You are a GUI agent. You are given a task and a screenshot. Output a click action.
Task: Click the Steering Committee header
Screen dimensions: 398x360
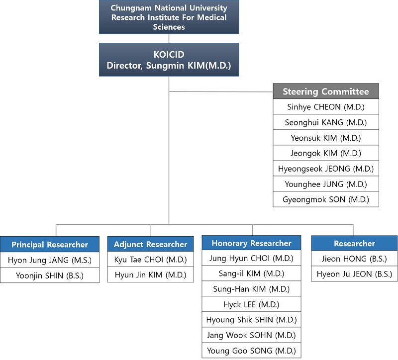326,91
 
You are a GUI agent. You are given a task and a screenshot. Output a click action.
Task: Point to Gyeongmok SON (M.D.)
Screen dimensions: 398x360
326,199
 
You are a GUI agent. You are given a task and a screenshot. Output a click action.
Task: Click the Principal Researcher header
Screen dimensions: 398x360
50,245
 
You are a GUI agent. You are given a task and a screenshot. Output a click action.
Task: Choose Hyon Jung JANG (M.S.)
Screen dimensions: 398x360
50,260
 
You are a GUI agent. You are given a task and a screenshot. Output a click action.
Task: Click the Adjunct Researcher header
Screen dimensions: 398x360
151,244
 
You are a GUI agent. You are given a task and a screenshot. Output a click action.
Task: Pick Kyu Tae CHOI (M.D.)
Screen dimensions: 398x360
151,260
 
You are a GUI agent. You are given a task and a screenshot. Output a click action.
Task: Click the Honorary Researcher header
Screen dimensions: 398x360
252,243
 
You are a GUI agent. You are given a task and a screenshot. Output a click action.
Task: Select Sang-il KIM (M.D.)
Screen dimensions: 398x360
252,273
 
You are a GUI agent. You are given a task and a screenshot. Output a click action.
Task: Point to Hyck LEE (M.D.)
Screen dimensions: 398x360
252,304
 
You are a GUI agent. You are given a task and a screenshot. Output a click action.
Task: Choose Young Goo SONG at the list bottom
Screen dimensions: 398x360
252,351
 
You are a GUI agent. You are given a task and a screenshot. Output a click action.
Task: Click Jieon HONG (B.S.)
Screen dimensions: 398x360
354,259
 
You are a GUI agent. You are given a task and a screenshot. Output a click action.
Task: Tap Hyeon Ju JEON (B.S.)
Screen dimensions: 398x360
354,274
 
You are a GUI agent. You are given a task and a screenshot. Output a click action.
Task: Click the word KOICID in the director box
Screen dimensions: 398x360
169,55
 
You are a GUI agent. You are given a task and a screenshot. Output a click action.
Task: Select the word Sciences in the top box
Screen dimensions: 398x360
169,27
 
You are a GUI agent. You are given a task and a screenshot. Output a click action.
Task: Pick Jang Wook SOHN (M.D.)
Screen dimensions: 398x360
252,335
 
